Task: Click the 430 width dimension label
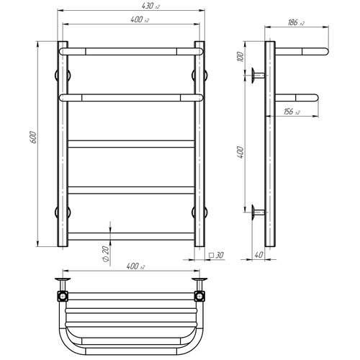(150, 6)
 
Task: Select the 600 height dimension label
(34, 138)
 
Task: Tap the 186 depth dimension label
(296, 22)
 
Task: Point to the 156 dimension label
(292, 112)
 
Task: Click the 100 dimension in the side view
(240, 56)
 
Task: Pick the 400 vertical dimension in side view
(240, 152)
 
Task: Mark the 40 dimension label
(258, 255)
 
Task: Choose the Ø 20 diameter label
(106, 254)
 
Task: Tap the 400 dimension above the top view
(135, 266)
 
